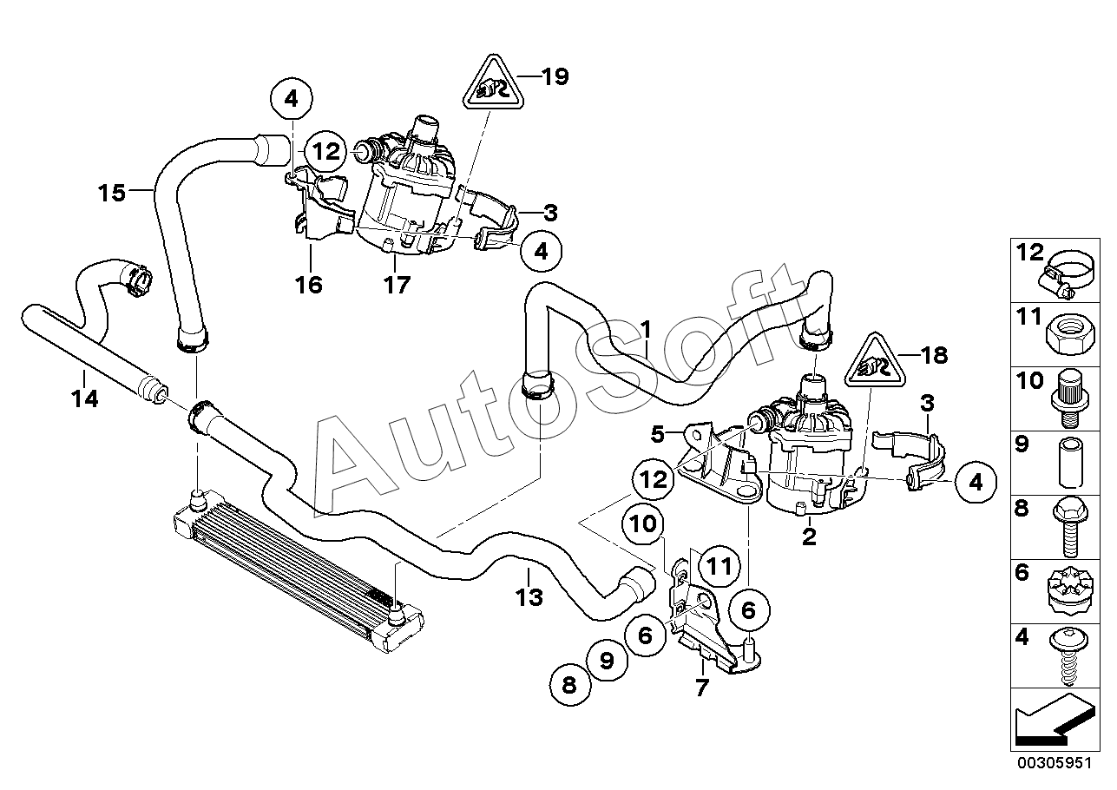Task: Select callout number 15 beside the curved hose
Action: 111,193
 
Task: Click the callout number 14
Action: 85,398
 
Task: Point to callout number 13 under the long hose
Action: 529,596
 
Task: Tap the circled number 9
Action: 607,661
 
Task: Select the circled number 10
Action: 643,523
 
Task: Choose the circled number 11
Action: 719,567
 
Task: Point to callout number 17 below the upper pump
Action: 397,286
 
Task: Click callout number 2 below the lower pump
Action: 809,536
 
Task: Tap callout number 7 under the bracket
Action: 701,688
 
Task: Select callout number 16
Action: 309,285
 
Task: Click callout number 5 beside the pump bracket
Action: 658,435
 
